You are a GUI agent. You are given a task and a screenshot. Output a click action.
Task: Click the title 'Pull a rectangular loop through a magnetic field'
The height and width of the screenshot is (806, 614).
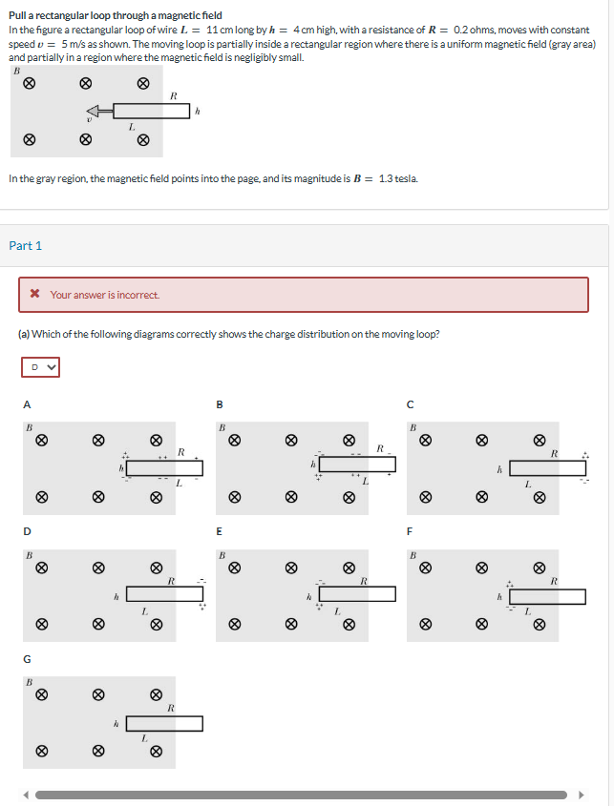[x=115, y=15]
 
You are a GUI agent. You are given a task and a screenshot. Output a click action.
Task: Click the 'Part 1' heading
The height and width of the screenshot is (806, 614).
[x=26, y=246]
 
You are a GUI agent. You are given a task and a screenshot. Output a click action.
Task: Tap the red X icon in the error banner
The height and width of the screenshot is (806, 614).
[x=34, y=295]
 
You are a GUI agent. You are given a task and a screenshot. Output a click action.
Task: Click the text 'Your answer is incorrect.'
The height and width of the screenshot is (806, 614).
[x=105, y=295]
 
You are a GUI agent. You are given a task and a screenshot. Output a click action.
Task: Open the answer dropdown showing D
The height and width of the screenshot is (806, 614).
[x=40, y=366]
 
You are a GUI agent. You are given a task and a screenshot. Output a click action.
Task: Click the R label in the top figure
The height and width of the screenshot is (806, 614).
[x=173, y=94]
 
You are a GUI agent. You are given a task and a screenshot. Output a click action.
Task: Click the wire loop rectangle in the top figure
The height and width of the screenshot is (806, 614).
[x=152, y=111]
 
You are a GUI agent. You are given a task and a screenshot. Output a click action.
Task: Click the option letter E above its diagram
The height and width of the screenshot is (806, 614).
[x=219, y=530]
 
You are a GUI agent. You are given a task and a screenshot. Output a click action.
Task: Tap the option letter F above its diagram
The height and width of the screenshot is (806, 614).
[x=410, y=530]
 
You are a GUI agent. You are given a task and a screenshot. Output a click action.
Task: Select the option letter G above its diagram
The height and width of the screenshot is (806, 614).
[x=28, y=658]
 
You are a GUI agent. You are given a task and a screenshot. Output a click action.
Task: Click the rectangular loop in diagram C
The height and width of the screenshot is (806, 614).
[x=547, y=468]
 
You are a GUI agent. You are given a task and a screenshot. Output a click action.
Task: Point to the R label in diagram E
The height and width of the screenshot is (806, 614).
[x=363, y=580]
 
